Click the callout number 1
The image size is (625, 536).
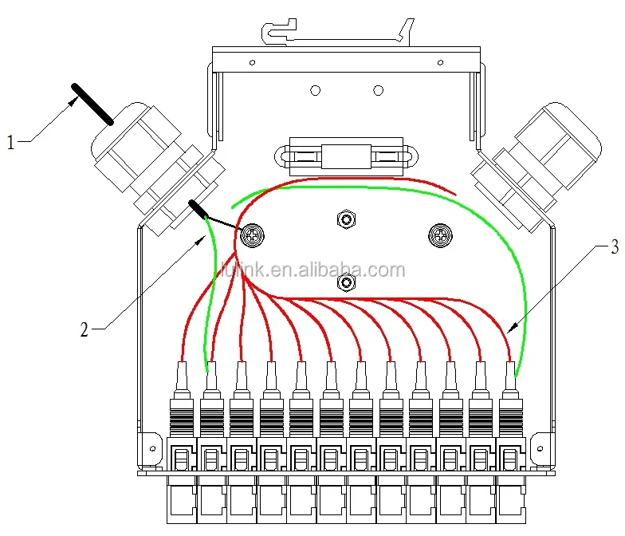click(10, 143)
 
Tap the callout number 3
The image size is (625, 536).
click(613, 246)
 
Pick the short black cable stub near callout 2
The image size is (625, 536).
click(197, 209)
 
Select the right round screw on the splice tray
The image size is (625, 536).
click(438, 234)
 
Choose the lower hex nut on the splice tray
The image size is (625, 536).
click(346, 282)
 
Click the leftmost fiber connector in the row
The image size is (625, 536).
click(181, 407)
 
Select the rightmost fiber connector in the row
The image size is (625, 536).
click(510, 407)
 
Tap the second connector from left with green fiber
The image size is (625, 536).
click(211, 407)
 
